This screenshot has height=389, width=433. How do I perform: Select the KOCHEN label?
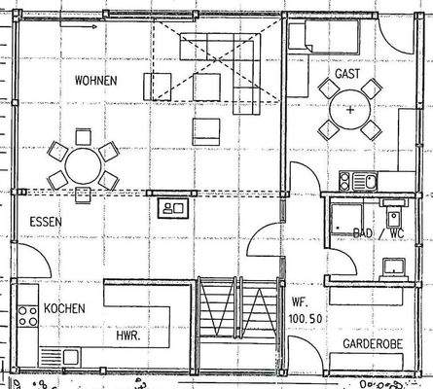click(64, 308)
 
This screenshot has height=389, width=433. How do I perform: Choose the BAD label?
click(362, 234)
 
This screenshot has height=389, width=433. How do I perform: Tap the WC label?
click(396, 234)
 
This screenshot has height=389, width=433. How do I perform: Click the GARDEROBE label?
click(372, 344)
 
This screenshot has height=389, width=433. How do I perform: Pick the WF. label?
click(300, 301)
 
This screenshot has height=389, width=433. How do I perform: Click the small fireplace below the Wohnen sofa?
click(173, 207)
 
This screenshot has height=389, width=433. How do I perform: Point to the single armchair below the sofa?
click(205, 130)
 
